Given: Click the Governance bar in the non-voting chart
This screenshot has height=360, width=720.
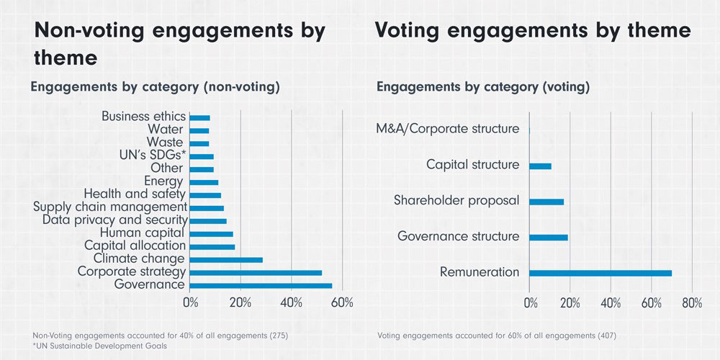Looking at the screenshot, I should tap(261, 285).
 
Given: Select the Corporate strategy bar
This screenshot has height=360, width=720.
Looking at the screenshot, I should tap(256, 272).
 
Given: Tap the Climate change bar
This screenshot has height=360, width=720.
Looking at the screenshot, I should tap(226, 259).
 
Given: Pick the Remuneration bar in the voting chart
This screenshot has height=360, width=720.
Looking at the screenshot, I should tap(600, 273).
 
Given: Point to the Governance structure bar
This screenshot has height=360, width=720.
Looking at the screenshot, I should tap(549, 237).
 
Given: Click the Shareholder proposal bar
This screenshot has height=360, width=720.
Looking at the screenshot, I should tap(546, 202).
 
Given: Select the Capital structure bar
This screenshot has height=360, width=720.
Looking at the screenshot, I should tap(540, 166).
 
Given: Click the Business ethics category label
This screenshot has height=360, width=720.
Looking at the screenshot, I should tap(143, 116).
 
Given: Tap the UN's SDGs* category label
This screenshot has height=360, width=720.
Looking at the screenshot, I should tap(153, 156).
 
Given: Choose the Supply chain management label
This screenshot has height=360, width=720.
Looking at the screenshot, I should tap(109, 207).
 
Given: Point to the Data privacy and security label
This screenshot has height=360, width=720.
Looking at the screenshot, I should tap(114, 220).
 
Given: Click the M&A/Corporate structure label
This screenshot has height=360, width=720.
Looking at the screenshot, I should tap(447, 129).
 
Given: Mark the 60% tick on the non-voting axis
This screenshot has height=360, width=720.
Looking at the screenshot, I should tap(342, 302).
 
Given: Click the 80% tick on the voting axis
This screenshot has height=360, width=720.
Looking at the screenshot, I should tap(692, 302).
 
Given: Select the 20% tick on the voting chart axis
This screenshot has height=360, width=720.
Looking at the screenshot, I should tap(570, 302).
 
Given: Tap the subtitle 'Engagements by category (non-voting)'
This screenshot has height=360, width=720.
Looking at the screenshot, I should tap(154, 87).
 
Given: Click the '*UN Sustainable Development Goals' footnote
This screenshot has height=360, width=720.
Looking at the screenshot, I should tap(100, 346).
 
